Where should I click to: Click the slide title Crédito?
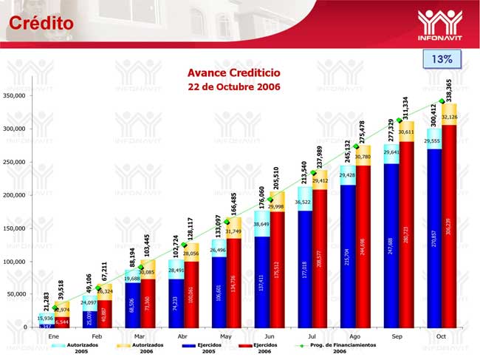(x=41, y=23)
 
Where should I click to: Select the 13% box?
(x=442, y=58)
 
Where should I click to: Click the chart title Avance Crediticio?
(x=233, y=74)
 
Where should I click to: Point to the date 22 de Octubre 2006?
(x=233, y=87)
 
